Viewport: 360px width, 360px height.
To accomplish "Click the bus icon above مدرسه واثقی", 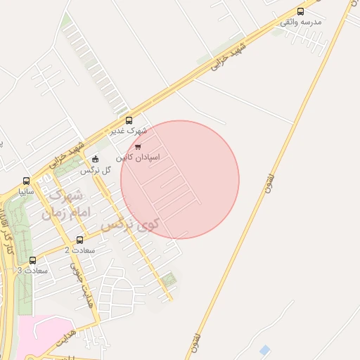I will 301,11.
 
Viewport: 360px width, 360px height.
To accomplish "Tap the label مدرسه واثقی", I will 301,22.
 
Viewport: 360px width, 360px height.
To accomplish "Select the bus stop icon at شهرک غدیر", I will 128,120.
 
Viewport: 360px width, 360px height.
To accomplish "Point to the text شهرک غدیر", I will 128,131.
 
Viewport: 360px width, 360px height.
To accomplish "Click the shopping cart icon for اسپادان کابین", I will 137,147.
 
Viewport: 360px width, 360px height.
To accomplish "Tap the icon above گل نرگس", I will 96,159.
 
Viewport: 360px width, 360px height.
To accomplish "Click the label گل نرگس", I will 96,170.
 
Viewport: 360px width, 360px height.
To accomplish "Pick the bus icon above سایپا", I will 27,180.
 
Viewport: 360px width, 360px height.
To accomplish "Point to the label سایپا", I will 27,191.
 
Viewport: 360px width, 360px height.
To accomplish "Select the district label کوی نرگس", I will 131,225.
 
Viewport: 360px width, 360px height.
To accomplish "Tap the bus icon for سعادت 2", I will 78,238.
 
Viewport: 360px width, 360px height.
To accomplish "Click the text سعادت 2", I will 79,250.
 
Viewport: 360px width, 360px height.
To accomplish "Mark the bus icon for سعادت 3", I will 32,259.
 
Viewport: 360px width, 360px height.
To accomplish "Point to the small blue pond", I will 264,349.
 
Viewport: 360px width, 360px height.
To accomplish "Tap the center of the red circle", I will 180,180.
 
